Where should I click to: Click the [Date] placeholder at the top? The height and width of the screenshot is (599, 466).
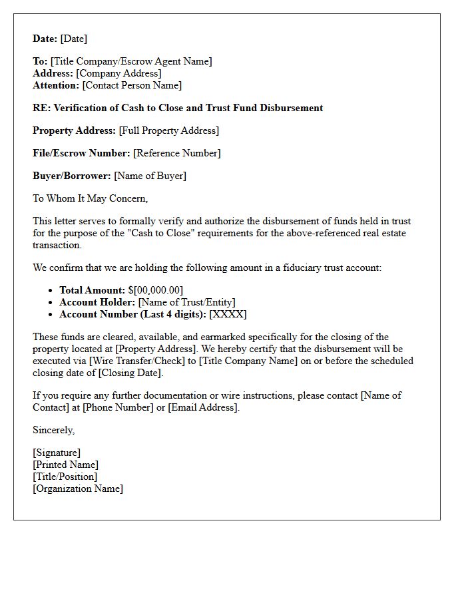tap(73, 39)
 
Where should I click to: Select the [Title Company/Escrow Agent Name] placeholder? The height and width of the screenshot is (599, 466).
tap(131, 61)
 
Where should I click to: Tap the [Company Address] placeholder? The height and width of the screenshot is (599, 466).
tap(118, 73)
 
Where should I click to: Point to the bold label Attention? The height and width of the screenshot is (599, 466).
tap(56, 85)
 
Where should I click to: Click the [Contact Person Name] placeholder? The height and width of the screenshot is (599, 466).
tap(132, 85)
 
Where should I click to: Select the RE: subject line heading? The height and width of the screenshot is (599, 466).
tap(178, 108)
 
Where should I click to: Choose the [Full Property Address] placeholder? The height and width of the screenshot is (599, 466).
tap(168, 130)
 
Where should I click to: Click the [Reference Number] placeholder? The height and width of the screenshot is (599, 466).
tap(176, 153)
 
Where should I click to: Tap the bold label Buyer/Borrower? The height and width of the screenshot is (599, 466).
tap(72, 176)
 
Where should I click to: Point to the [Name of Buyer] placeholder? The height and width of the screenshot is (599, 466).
tap(150, 176)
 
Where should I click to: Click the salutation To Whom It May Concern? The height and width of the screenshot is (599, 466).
tap(90, 198)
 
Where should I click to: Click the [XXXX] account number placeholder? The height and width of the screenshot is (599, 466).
tap(228, 314)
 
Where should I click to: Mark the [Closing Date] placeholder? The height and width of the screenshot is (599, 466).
tap(130, 373)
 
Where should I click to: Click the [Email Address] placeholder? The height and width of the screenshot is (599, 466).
tap(202, 407)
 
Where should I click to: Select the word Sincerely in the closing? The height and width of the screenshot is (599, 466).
tap(53, 430)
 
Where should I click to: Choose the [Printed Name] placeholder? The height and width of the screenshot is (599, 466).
tap(65, 465)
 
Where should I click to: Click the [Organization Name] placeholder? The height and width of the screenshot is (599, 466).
tap(78, 489)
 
